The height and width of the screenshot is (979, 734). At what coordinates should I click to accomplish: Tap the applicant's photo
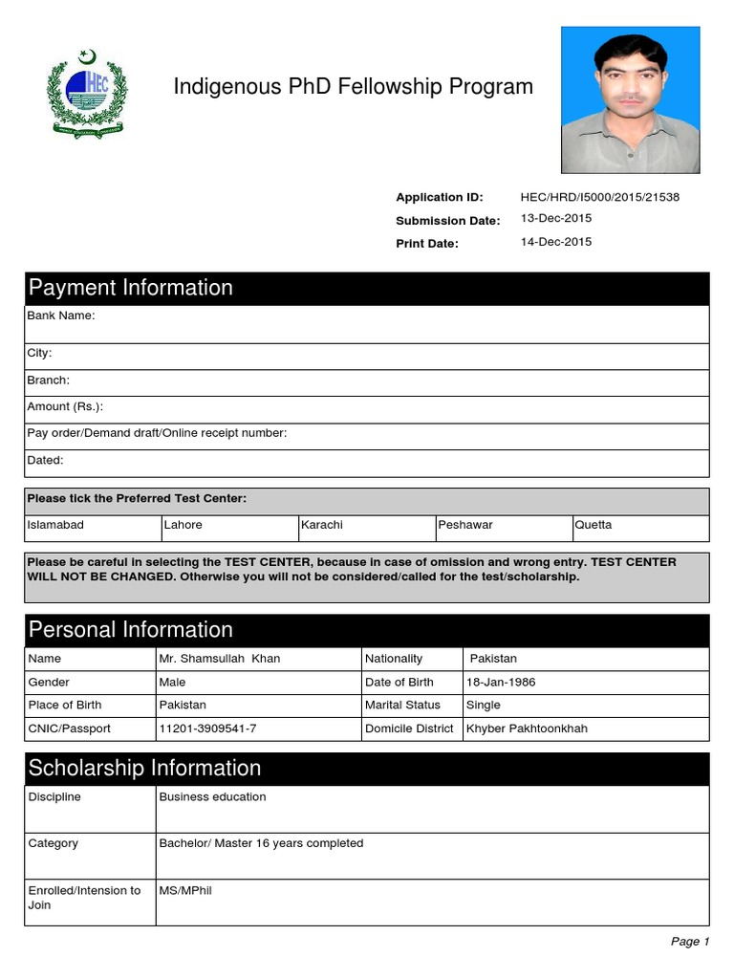point(630,99)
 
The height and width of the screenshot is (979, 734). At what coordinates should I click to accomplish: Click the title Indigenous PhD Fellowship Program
point(353,87)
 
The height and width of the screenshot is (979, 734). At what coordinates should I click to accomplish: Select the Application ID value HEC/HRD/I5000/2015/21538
point(599,197)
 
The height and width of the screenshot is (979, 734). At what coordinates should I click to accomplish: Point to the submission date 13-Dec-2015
point(555,219)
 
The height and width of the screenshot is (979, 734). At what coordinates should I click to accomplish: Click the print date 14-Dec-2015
point(555,242)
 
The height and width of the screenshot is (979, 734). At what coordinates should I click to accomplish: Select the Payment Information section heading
point(131,288)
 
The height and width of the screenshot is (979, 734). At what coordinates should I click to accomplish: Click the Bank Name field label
point(61,315)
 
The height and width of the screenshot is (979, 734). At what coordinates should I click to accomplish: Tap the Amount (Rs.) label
point(65,406)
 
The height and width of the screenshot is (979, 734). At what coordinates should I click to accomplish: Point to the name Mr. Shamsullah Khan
point(220,659)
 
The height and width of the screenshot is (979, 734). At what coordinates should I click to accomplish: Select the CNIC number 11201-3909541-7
point(207,729)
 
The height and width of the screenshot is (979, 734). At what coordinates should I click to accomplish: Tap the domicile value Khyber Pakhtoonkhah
point(527,729)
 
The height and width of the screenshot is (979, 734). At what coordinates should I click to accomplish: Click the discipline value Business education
point(212,796)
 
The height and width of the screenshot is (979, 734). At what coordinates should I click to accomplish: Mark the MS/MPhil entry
point(185,890)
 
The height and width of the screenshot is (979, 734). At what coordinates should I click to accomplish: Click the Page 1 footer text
point(689,942)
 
